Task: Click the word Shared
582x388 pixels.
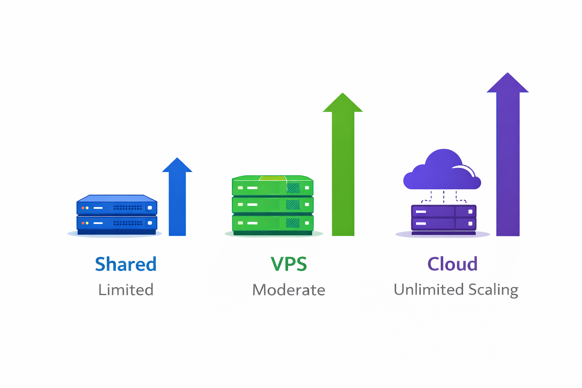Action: tap(125, 264)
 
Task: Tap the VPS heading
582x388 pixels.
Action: tap(289, 264)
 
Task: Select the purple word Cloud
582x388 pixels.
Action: tap(452, 264)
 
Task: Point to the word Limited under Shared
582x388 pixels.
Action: tap(126, 290)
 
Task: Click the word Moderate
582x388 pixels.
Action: tap(289, 290)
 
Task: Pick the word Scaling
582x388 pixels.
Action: tap(493, 290)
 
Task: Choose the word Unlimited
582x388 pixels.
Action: tap(429, 289)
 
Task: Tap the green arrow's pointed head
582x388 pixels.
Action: tap(343, 103)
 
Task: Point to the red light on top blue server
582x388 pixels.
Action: tap(83, 208)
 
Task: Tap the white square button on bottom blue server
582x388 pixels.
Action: tap(150, 223)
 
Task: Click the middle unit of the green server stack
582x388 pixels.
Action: tap(272, 205)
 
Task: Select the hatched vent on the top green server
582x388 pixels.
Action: tap(293, 188)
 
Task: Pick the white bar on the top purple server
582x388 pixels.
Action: tap(421, 212)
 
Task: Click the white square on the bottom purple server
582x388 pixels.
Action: tap(470, 224)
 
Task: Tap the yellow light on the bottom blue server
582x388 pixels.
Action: tap(87, 223)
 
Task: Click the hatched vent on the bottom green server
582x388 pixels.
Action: tap(293, 223)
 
